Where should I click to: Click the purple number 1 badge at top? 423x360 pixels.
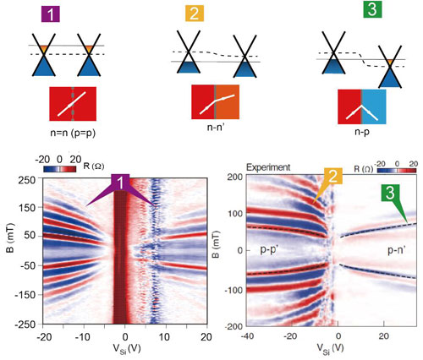point(51,14)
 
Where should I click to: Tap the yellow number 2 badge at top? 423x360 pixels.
point(195,14)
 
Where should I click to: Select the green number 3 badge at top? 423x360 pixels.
point(372,9)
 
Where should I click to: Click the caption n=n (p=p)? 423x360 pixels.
point(73,133)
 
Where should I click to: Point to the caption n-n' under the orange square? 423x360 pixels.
point(216,128)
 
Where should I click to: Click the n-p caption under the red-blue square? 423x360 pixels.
point(362,132)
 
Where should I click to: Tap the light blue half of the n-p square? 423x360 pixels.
point(374,106)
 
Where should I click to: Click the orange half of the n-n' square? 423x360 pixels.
point(228,102)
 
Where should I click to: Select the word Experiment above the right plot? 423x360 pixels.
point(268,167)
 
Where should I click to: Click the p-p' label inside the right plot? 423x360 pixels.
point(269,249)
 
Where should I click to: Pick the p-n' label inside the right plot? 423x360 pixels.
point(397,250)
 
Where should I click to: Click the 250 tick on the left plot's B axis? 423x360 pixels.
point(27,179)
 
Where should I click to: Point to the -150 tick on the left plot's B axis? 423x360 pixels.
point(25,295)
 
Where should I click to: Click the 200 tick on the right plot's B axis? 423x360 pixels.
point(234,177)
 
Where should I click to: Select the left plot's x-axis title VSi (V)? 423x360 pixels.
point(127,349)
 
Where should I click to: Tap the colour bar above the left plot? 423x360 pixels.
point(60,169)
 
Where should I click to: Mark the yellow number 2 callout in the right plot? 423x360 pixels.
point(333,176)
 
